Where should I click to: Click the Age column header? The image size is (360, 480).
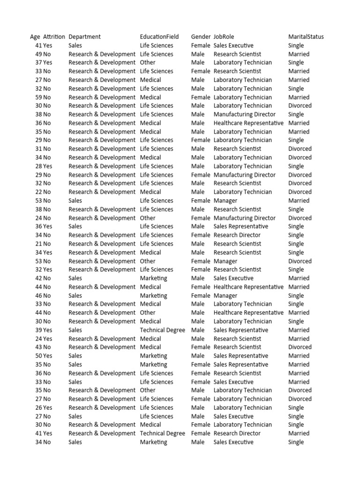(35, 37)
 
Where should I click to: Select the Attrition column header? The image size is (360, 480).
(54, 37)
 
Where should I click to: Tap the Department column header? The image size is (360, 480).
(84, 37)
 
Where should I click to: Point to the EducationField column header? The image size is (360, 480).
(159, 37)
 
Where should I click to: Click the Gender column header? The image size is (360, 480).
(201, 37)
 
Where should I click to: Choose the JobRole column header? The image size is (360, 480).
(224, 37)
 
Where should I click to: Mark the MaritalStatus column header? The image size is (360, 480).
(306, 37)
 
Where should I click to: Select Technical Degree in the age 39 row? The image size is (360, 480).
(162, 330)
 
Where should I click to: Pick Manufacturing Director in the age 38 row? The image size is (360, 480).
(245, 114)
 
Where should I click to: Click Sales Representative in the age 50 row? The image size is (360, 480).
(241, 356)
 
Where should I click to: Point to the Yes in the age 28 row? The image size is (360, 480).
(47, 166)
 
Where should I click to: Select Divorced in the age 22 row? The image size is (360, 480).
(300, 192)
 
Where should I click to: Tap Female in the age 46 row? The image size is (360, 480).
(201, 295)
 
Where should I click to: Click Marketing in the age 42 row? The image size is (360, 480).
(153, 278)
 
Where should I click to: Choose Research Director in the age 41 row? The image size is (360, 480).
(237, 433)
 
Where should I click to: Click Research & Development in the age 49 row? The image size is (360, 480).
(102, 54)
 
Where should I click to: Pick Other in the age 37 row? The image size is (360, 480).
(148, 62)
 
